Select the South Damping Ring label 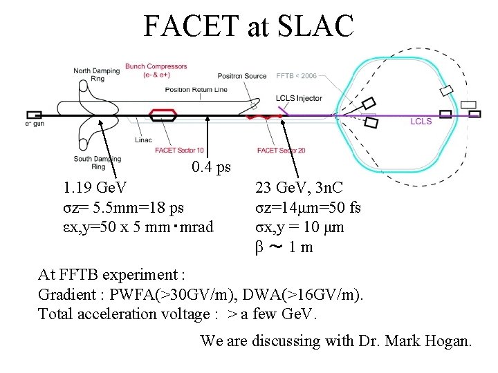[x=98, y=162]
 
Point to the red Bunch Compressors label [x=156, y=70]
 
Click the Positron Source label [x=242, y=76]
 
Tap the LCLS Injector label [x=299, y=98]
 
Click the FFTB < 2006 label [x=297, y=75]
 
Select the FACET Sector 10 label [x=179, y=150]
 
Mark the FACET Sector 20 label [x=281, y=150]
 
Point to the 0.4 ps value [x=212, y=168]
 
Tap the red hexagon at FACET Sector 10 [x=163, y=114]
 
